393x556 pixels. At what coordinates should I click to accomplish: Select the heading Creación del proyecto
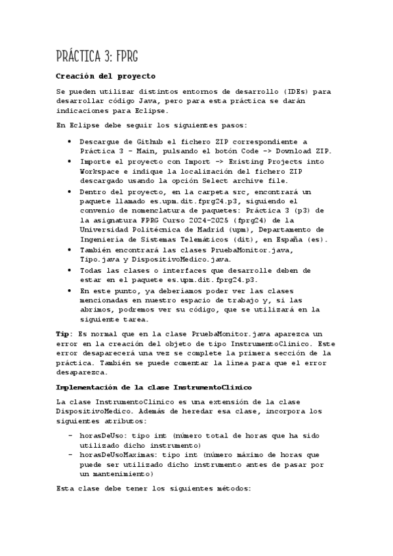click(106, 76)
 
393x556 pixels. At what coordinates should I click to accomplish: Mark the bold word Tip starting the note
click(64, 334)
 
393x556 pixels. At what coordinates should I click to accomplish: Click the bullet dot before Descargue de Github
click(70, 142)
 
